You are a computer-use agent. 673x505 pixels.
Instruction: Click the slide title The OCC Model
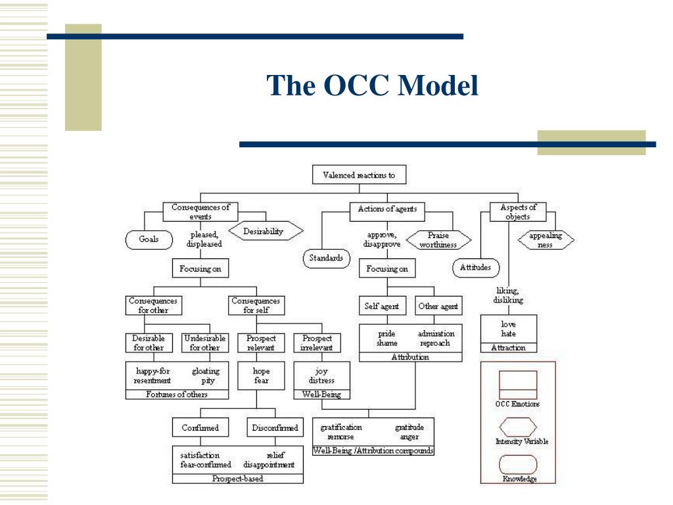tap(372, 86)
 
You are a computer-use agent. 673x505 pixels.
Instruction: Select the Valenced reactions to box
tap(359, 175)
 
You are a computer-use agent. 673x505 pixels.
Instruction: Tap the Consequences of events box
tap(200, 212)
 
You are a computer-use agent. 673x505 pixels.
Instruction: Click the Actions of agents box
tap(387, 209)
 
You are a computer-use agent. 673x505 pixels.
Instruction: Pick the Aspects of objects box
tap(518, 212)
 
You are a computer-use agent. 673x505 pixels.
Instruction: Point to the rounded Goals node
tap(149, 239)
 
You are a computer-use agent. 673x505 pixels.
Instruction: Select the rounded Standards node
tap(326, 258)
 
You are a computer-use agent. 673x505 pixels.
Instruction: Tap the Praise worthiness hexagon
tap(438, 240)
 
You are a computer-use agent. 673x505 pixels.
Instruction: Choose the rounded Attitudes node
tap(476, 268)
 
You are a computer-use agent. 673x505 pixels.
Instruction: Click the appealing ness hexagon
tap(545, 240)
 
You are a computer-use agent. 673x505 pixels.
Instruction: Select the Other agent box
tap(438, 306)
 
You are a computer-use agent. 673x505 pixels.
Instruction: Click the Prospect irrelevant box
tap(317, 343)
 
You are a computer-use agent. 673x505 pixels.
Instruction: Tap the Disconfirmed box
tap(275, 428)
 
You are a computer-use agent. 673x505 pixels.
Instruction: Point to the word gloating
tap(206, 372)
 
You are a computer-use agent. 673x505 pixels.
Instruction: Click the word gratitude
tap(409, 427)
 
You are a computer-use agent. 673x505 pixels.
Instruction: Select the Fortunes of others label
tap(177, 395)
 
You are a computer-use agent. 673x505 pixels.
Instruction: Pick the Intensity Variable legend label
tap(522, 442)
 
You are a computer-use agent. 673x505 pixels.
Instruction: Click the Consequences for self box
tap(256, 306)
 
